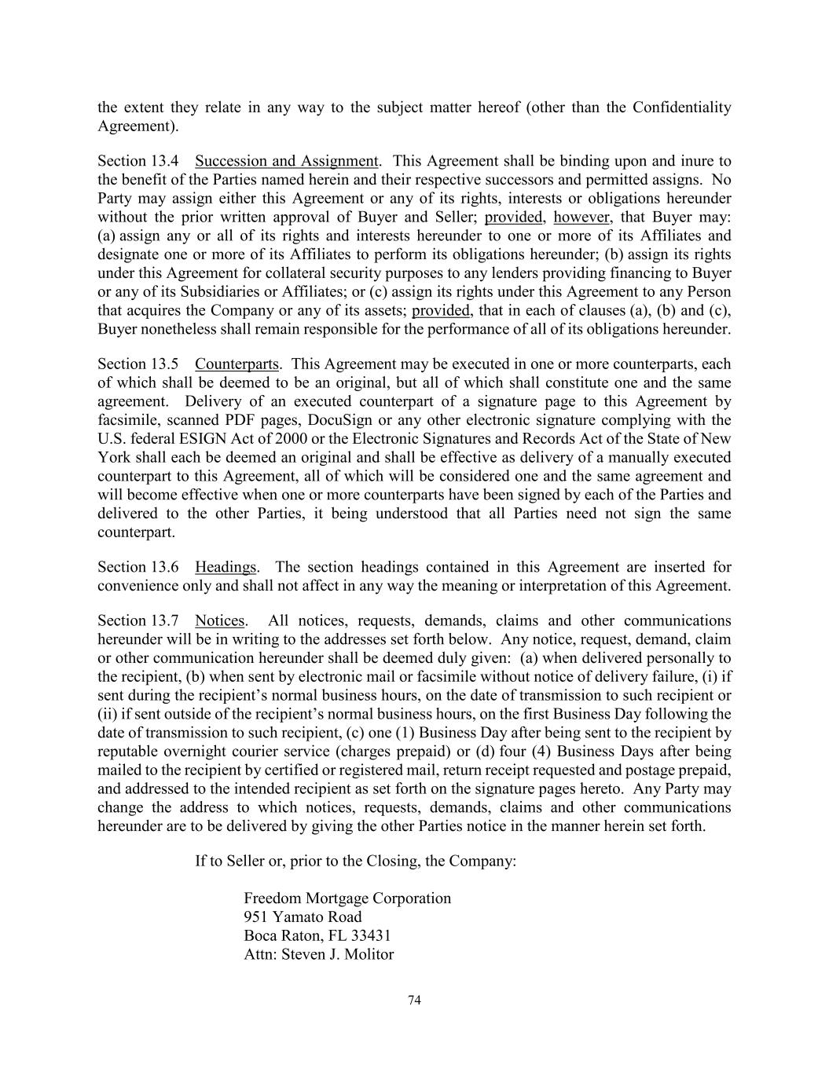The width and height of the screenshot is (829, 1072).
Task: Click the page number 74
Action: point(415,1000)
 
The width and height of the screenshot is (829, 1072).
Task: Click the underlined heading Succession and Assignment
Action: point(287,161)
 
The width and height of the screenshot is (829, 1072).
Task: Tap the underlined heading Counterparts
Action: point(237,364)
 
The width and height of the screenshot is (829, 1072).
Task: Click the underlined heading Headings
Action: point(226,567)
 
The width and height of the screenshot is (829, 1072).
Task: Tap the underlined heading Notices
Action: point(220,620)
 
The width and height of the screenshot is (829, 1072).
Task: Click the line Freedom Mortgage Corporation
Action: point(347,898)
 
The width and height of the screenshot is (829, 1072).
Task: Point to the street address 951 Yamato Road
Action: point(303,917)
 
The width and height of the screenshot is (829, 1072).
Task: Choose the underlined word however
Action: point(582,218)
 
